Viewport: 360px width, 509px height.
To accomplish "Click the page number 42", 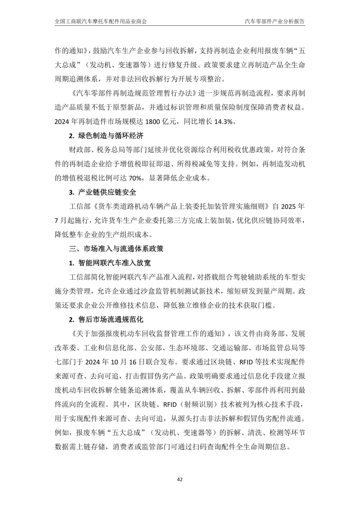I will [x=180, y=480].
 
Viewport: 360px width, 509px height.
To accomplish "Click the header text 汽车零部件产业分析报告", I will [x=275, y=22].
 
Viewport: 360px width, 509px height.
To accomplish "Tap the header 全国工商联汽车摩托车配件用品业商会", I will [x=101, y=22].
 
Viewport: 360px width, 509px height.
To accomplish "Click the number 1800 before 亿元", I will [x=153, y=122].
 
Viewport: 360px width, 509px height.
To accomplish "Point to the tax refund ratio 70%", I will [x=135, y=178].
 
